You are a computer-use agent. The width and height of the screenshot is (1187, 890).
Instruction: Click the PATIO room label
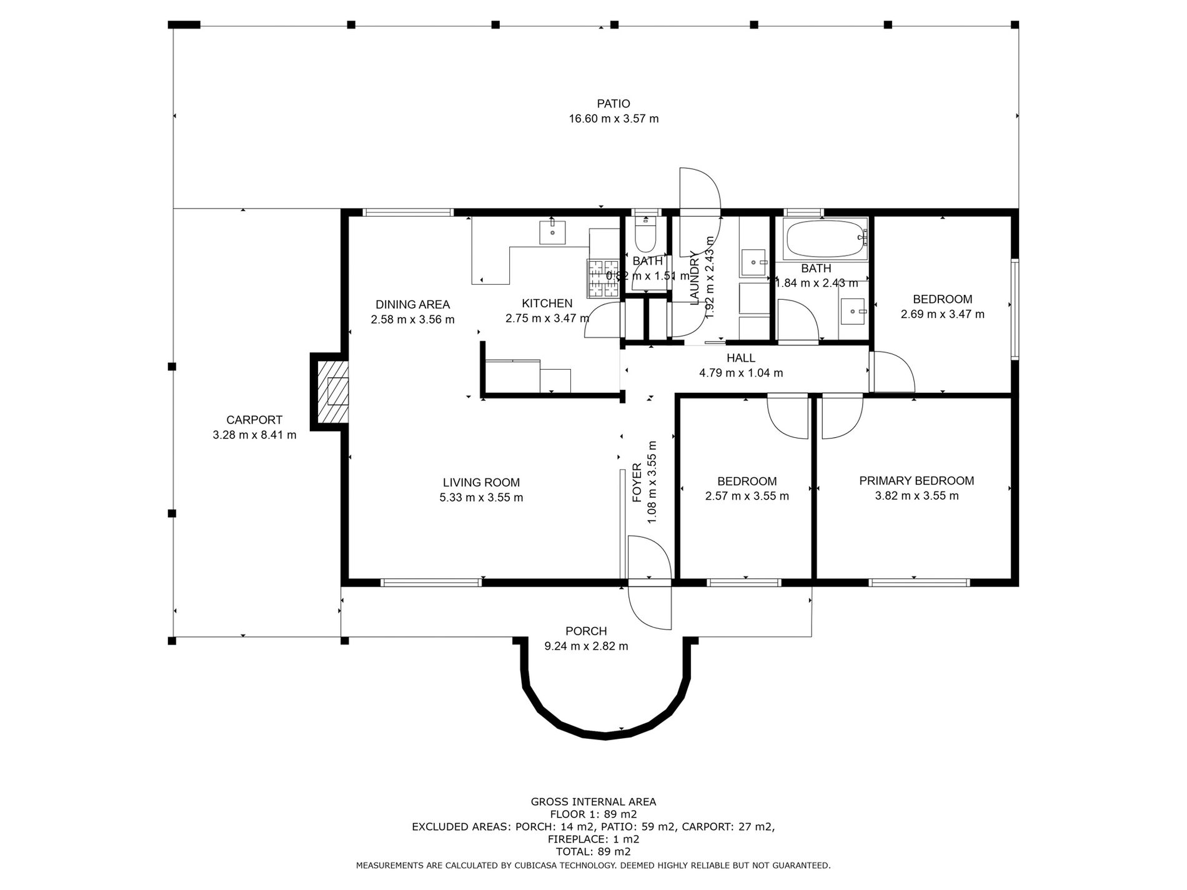pyautogui.click(x=613, y=104)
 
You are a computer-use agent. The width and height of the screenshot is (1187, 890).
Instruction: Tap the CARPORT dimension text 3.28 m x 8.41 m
pyautogui.click(x=254, y=435)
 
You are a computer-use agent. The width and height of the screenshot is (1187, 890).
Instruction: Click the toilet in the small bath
pyautogui.click(x=644, y=234)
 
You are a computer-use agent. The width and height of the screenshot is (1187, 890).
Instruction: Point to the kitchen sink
pyautogui.click(x=552, y=232)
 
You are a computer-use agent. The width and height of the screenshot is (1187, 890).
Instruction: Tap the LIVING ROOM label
pyautogui.click(x=481, y=483)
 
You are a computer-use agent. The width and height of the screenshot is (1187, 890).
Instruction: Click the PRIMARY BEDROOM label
pyautogui.click(x=916, y=481)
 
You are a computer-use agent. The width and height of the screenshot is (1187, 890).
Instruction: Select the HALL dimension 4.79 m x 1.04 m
pyautogui.click(x=740, y=373)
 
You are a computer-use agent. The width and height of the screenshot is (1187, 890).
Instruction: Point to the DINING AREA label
pyautogui.click(x=412, y=305)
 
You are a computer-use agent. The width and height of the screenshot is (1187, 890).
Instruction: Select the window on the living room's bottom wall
pyautogui.click(x=431, y=583)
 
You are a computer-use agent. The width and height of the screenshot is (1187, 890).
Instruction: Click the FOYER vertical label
pyautogui.click(x=637, y=482)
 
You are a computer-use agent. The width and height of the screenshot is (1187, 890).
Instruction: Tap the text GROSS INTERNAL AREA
pyautogui.click(x=593, y=802)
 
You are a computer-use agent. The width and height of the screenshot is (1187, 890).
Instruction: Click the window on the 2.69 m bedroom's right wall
pyautogui.click(x=1015, y=309)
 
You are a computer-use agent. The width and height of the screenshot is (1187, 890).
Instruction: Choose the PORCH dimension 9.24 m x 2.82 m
pyautogui.click(x=586, y=646)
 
